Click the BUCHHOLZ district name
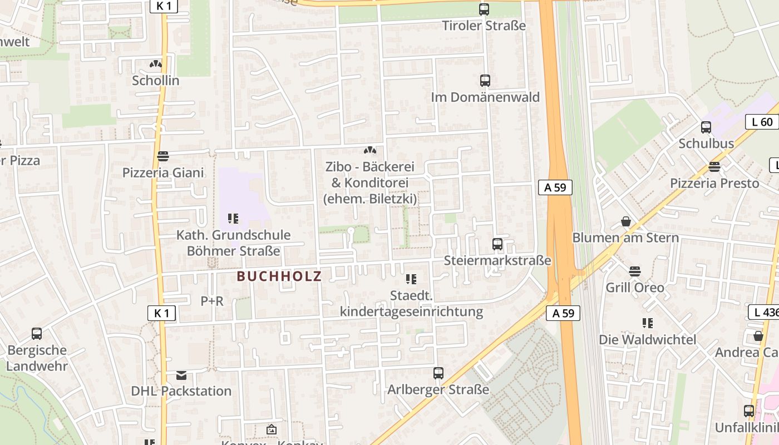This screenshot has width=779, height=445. (x=279, y=276)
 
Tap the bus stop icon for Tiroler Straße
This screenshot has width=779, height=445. (x=484, y=9)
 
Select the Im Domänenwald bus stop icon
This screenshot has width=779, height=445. (x=485, y=81)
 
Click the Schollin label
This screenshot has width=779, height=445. (x=156, y=81)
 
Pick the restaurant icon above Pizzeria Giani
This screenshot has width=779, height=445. (x=162, y=156)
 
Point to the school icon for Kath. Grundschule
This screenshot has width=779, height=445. (x=233, y=219)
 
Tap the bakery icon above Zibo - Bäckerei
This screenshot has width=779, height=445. (x=369, y=151)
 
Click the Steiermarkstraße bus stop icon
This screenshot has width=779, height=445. (x=497, y=244)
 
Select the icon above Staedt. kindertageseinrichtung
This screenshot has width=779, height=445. (x=411, y=279)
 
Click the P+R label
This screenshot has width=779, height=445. (x=212, y=301)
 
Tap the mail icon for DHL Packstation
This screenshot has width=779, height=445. (x=181, y=375)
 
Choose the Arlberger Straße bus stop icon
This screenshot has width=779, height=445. (x=438, y=373)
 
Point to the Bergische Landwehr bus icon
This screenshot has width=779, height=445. (x=37, y=334)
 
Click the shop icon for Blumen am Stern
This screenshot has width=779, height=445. (x=626, y=222)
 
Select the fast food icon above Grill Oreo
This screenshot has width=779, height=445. (x=635, y=271)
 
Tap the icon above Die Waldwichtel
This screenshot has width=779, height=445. (x=647, y=323)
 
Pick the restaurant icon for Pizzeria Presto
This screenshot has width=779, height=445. (x=714, y=167)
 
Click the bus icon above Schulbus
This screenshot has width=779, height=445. (x=706, y=127)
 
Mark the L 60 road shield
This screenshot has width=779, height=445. (x=761, y=122)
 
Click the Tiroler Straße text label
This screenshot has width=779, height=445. (x=484, y=26)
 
